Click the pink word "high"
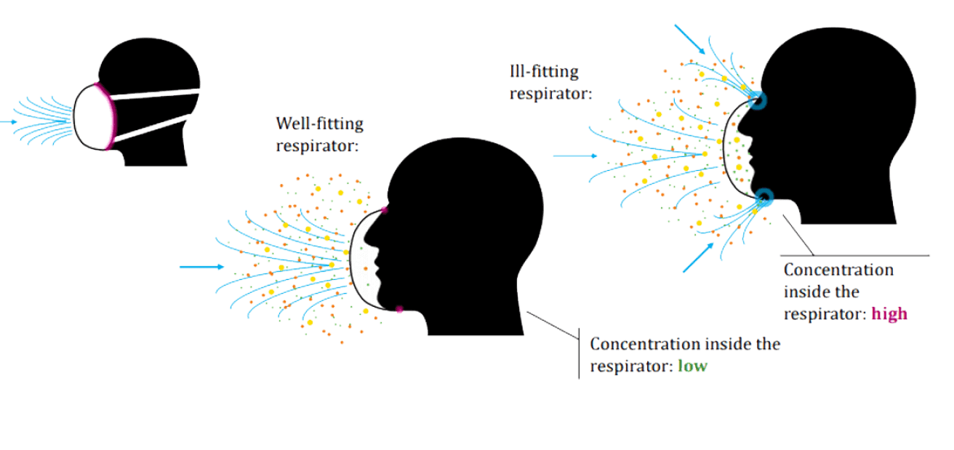click(x=889, y=314)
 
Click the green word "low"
click(x=692, y=366)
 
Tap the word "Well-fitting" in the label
click(x=319, y=123)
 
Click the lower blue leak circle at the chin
click(x=764, y=196)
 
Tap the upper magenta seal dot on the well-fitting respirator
click(x=384, y=209)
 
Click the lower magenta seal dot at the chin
click(x=399, y=310)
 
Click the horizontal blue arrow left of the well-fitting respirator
click(x=201, y=267)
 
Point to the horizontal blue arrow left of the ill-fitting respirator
click(x=574, y=155)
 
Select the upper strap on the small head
click(x=156, y=93)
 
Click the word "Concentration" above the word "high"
click(x=838, y=270)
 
